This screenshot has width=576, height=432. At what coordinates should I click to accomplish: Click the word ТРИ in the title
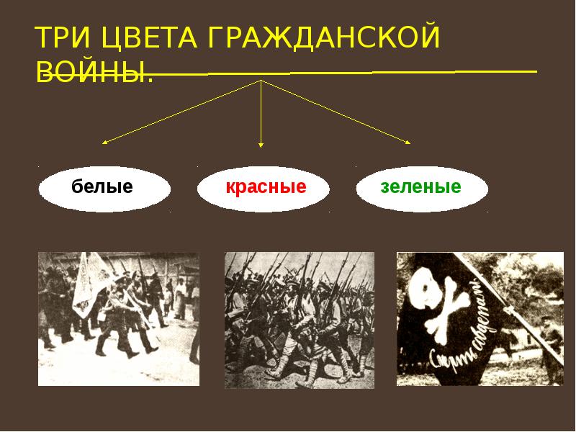tap(63, 38)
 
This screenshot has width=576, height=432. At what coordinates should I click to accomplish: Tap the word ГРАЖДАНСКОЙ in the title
tap(322, 38)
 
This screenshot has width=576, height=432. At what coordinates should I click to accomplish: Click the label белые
tap(102, 188)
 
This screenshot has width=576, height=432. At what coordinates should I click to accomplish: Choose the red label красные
tap(266, 188)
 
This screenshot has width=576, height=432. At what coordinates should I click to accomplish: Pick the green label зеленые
tap(420, 188)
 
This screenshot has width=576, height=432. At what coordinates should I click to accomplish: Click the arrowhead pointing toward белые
tap(104, 143)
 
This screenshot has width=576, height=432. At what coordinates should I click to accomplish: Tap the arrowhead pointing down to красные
tap(261, 146)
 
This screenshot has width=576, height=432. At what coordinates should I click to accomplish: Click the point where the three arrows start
tap(261, 81)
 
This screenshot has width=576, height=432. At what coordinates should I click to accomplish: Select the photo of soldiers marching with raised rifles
tap(299, 320)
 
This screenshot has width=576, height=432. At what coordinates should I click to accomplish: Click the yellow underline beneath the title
tap(346, 73)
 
